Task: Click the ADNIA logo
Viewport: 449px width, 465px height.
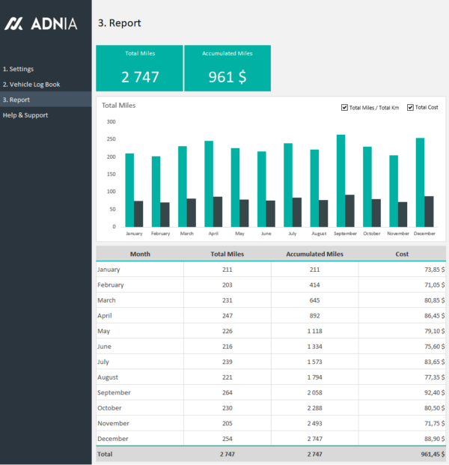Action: (40, 24)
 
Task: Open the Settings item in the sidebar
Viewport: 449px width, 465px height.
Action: (18, 69)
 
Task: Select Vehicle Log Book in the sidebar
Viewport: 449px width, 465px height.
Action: (31, 85)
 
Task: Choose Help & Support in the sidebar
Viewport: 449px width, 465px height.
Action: (25, 115)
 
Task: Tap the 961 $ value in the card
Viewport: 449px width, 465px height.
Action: (227, 77)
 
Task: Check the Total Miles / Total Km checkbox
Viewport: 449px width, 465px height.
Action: (344, 107)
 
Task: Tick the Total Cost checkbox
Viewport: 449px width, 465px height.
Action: (411, 107)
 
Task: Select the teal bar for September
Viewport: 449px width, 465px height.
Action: (340, 180)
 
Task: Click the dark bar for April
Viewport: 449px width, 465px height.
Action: (218, 212)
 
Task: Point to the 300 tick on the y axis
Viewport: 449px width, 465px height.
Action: (111, 121)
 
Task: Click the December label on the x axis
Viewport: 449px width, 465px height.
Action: (424, 234)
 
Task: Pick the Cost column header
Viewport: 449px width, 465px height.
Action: (402, 254)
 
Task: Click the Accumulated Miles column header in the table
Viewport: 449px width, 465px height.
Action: (314, 254)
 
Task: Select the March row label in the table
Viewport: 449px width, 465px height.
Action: (108, 300)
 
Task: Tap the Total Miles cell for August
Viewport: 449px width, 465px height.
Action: (227, 377)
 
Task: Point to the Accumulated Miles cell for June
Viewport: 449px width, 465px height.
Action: (314, 346)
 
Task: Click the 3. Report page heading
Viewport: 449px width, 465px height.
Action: (119, 23)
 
